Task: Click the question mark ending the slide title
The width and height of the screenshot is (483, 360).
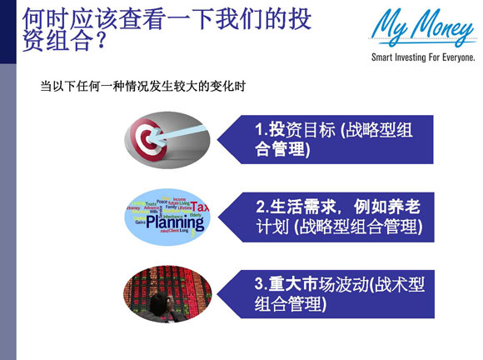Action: [x=100, y=42]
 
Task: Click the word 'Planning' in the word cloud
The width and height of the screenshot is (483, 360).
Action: [x=168, y=221]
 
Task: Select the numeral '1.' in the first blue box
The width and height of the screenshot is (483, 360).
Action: [x=260, y=130]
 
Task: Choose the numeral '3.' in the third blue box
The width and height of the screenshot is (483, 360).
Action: [x=260, y=285]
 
